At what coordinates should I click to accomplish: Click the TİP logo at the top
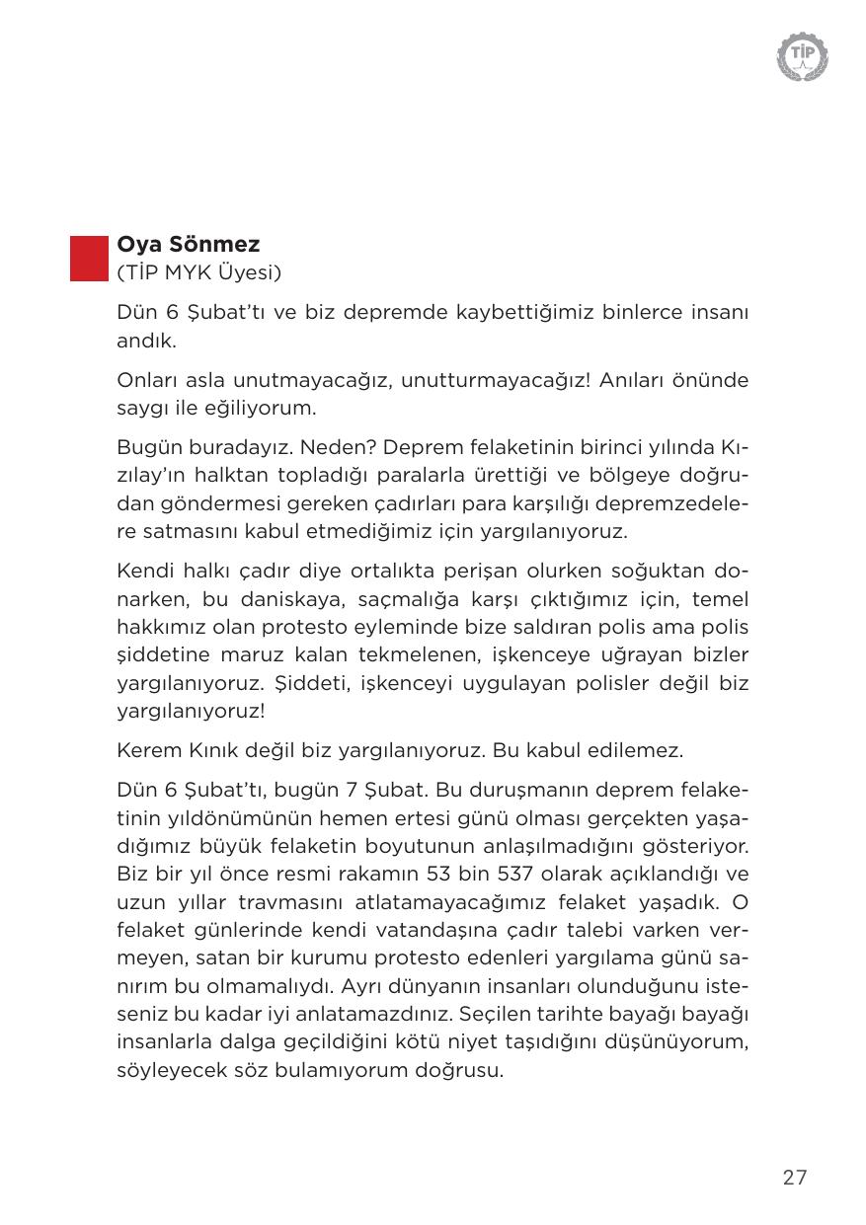coord(803,56)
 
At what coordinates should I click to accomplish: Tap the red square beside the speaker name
coord(89,259)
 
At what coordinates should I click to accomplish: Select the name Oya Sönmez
coord(189,244)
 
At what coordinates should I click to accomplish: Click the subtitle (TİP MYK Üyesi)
coord(199,271)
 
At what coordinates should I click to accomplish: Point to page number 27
coord(795,1177)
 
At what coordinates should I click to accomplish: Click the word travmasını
coord(293,902)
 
